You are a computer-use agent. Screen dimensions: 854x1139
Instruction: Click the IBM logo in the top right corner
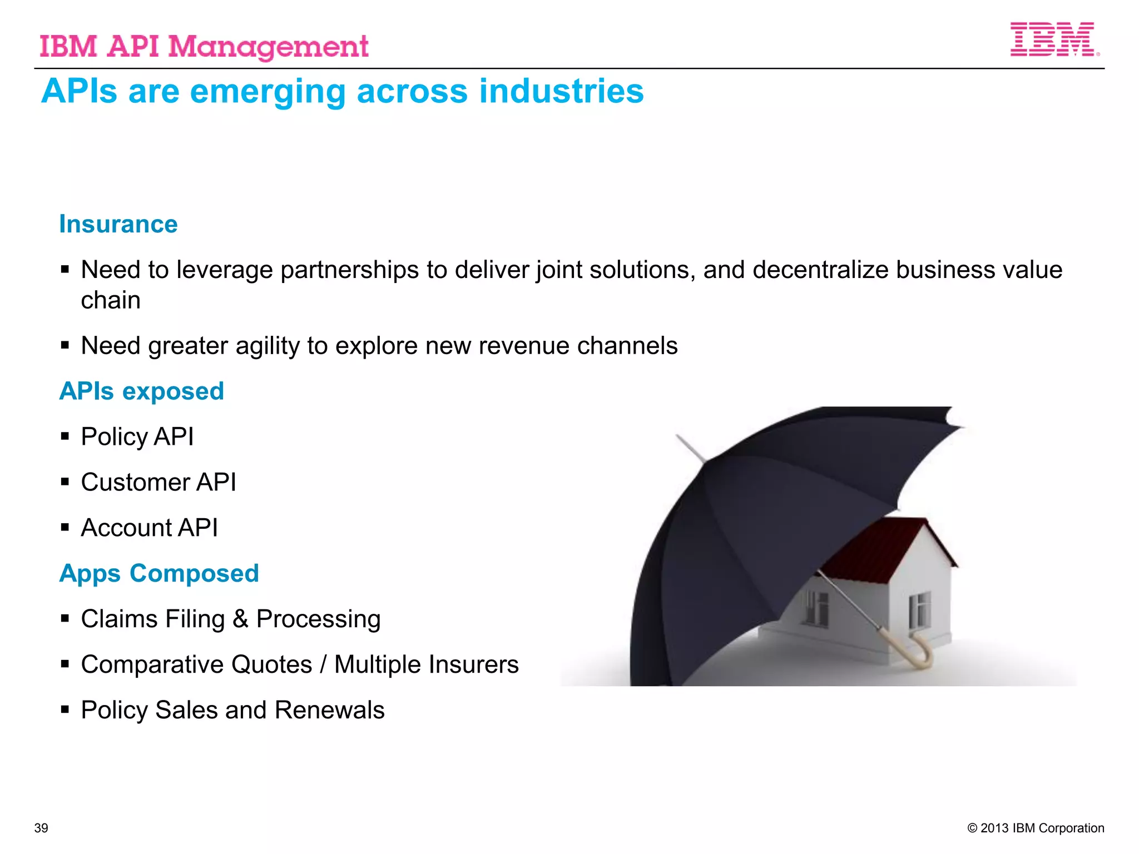pos(1053,39)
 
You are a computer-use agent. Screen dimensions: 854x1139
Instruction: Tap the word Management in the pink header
pos(268,47)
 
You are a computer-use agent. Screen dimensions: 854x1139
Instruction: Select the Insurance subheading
pos(118,225)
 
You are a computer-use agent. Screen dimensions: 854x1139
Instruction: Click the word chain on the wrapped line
pos(111,301)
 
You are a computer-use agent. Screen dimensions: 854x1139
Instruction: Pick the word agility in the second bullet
pos(268,346)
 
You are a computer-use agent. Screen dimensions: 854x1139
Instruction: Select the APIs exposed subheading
pos(142,391)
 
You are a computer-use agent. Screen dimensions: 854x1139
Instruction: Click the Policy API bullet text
pos(137,437)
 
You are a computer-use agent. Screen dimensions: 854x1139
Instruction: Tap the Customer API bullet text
pos(159,483)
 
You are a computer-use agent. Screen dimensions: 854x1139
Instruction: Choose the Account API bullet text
pos(149,528)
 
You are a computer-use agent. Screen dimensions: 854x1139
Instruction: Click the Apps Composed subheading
pos(159,574)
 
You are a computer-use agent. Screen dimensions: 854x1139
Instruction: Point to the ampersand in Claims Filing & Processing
pos(240,619)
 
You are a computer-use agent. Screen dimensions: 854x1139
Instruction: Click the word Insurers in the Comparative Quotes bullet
pos(473,665)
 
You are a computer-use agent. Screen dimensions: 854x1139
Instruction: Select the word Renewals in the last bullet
pos(329,711)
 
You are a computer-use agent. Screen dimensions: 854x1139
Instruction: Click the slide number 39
pos(41,828)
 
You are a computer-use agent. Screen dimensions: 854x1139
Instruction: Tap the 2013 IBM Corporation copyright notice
pos(1036,828)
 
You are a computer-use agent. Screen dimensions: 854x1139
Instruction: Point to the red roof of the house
pos(884,545)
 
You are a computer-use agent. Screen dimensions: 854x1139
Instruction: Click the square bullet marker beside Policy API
pos(65,436)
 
